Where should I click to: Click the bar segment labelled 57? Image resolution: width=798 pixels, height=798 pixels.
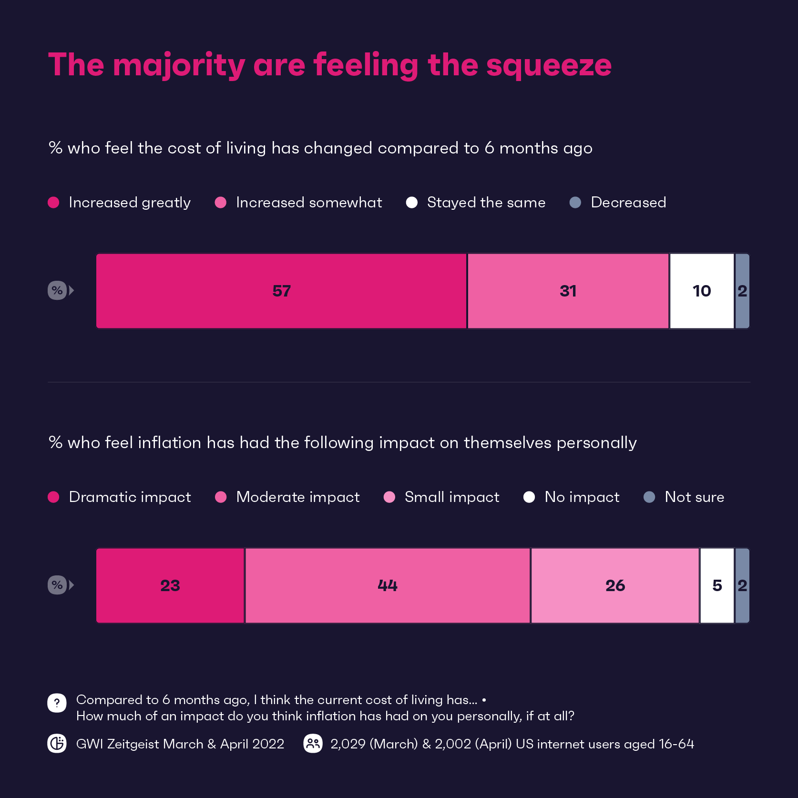coord(281,291)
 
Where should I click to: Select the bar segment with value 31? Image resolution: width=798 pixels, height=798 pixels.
coord(568,291)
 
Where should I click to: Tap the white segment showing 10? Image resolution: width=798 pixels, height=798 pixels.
coord(702,291)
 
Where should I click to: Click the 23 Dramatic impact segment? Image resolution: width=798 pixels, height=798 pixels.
coord(170,585)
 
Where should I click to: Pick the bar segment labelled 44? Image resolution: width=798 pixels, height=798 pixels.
coord(388,585)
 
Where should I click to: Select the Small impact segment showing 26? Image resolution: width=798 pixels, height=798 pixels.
coord(615,585)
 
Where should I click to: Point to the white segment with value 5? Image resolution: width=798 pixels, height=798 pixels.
coord(717,585)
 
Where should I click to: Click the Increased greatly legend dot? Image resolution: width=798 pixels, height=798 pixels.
coord(53,203)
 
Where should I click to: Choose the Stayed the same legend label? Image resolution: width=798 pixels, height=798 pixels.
coord(486,203)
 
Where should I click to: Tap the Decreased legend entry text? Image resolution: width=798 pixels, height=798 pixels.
coord(628,203)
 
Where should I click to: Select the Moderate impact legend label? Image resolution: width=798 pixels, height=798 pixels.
coord(298,497)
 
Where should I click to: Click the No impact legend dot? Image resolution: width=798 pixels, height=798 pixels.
coord(529,497)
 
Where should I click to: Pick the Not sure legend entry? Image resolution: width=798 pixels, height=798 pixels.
coord(694,497)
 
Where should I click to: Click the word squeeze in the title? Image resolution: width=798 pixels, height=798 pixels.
coord(549,65)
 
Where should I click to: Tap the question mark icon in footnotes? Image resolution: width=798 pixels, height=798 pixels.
coord(57,703)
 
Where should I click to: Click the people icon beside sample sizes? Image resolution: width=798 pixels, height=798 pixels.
coord(313,744)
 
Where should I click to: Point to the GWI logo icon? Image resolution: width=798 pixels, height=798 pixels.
coord(57,744)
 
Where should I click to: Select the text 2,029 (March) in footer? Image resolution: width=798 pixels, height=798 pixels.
coord(374,744)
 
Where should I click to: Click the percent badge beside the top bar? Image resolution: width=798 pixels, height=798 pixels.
coord(57,290)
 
